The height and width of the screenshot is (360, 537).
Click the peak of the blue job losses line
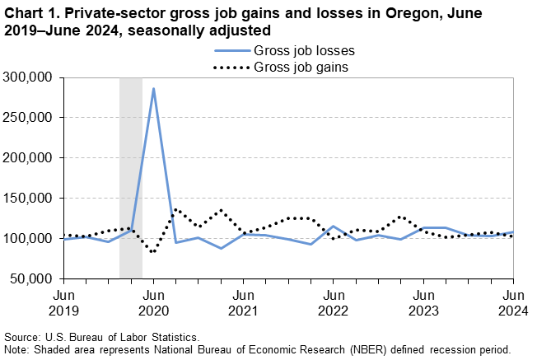(153, 88)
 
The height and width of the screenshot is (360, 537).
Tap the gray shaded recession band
(131, 177)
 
